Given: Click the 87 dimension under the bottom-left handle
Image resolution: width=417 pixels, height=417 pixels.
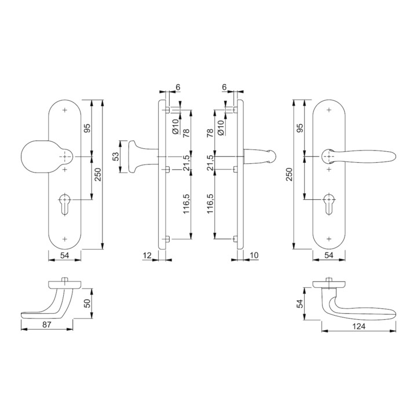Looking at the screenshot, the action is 46,324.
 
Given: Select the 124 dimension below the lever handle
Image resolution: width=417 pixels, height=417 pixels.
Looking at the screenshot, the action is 359,326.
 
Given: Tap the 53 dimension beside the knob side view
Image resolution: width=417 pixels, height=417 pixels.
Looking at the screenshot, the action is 116,156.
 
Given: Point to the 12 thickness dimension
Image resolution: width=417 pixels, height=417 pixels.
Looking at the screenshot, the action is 147,255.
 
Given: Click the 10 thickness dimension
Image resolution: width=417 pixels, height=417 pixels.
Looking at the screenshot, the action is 254,255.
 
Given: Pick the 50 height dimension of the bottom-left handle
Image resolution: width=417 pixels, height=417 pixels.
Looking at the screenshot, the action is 87,303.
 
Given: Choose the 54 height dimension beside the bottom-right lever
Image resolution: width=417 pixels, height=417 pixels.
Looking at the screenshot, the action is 300,303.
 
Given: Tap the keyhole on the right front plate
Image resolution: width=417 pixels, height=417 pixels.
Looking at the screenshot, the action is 329,203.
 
